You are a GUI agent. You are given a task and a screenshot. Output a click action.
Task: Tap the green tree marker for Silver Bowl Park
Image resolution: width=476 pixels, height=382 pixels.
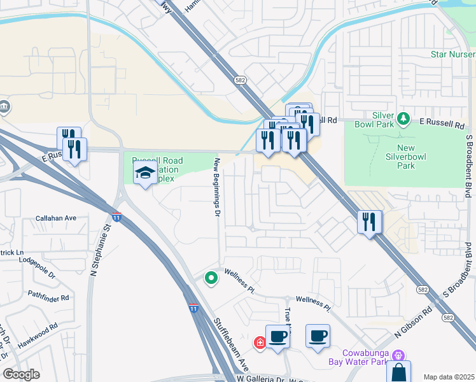(402, 118)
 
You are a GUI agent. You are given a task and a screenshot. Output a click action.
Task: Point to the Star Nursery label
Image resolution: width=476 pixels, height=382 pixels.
(452, 55)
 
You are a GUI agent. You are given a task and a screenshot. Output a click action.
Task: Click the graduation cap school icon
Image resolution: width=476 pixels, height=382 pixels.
(146, 173)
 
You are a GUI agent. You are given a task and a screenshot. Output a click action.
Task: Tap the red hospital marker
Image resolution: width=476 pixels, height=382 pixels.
(260, 343)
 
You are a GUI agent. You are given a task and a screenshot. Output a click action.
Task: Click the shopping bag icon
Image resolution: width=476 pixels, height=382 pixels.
(398, 372)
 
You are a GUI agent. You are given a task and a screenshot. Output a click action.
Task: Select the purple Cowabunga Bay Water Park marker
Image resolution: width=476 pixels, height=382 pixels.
(398, 355)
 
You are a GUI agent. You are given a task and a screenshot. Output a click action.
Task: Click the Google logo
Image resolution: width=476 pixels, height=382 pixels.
(21, 374)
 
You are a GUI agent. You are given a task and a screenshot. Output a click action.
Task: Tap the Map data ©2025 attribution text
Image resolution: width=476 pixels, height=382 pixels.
(449, 377)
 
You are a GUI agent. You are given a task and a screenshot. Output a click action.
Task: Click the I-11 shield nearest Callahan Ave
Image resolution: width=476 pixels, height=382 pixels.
(116, 217)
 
